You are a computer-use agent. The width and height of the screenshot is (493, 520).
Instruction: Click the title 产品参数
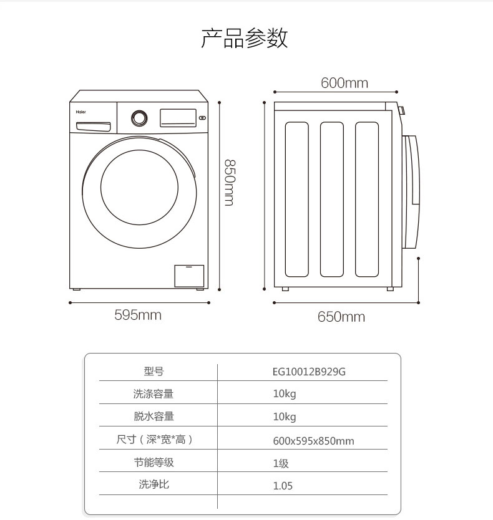point(245,38)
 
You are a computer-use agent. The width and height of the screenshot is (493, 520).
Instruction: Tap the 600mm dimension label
point(344,83)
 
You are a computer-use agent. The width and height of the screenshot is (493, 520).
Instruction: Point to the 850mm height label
point(230,183)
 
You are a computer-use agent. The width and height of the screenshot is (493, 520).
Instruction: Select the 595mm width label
point(138,315)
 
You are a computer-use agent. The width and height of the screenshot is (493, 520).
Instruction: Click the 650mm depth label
point(341,317)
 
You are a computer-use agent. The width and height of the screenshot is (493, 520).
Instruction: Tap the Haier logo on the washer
point(81,112)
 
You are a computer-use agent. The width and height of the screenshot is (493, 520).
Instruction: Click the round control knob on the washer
point(139,118)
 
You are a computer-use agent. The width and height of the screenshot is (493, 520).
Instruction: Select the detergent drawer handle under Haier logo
point(93,127)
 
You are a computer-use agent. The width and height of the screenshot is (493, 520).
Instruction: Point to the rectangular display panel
point(178,118)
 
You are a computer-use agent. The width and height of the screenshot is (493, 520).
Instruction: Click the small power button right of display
point(202,118)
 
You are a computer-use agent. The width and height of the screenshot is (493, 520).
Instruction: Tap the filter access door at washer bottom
point(189,276)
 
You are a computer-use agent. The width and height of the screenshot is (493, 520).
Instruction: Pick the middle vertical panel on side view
point(331,200)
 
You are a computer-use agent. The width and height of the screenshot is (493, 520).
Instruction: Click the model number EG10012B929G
point(309,372)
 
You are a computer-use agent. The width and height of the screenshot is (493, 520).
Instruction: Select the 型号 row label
point(154,371)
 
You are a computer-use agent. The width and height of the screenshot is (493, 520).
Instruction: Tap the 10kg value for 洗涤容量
point(285,394)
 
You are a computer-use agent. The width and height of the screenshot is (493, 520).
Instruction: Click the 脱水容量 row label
point(154,416)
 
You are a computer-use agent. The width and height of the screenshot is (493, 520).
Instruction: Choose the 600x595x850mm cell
point(313,441)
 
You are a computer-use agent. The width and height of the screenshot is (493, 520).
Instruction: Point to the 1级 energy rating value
point(281,463)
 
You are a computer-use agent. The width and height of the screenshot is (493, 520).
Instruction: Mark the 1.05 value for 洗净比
point(283,486)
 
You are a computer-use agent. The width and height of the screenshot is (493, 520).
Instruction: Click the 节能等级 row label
point(154,462)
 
